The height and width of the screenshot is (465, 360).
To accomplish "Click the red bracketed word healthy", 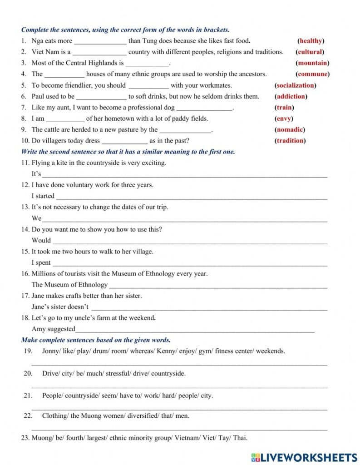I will point(311,41).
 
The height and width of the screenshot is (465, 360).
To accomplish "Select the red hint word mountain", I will point(312,63).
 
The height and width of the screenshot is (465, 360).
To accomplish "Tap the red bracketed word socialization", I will point(295,85).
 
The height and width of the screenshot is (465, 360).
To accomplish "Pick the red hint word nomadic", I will point(290,129).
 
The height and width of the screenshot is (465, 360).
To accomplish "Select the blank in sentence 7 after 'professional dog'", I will point(204,109).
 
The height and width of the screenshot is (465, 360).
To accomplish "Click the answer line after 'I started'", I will point(191,197).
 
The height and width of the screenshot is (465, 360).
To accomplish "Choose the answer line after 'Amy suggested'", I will point(195,330).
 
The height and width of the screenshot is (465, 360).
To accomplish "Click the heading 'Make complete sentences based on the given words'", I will point(96,340).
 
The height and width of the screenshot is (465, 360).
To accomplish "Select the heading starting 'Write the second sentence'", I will point(128,152).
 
